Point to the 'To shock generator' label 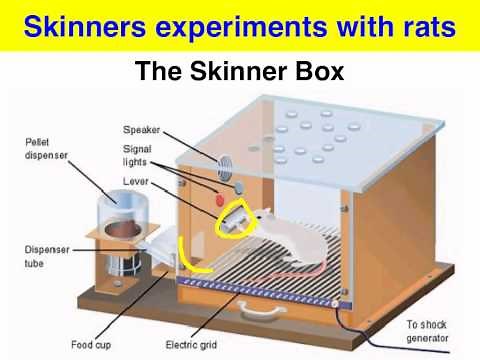tap(430, 331)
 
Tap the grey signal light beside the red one tap(239, 187)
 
